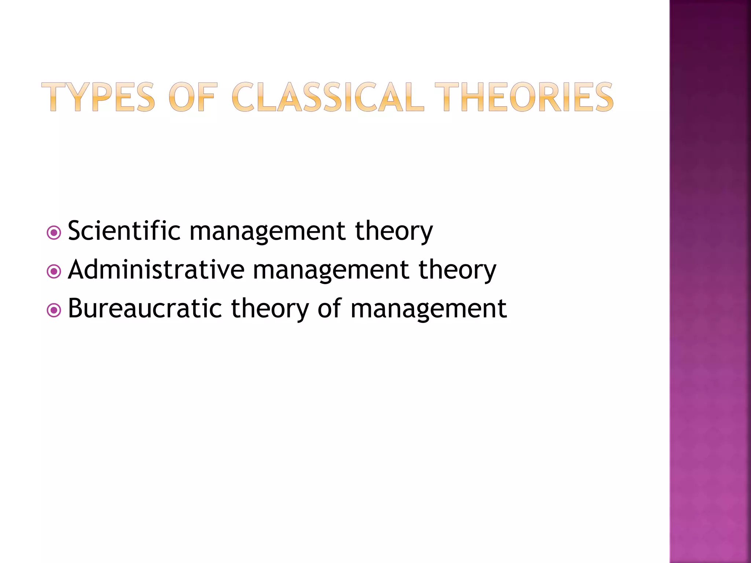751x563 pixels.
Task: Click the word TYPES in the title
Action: coord(98,97)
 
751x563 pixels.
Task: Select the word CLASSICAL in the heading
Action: coord(327,97)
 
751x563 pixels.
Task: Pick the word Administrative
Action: coord(156,269)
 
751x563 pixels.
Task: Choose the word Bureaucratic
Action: coord(145,308)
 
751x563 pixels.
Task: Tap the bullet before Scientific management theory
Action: coord(54,232)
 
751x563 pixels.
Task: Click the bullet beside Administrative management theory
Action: coord(54,271)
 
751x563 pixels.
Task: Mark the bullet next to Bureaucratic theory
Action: coord(54,310)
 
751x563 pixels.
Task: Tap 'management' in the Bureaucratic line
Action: coord(429,309)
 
